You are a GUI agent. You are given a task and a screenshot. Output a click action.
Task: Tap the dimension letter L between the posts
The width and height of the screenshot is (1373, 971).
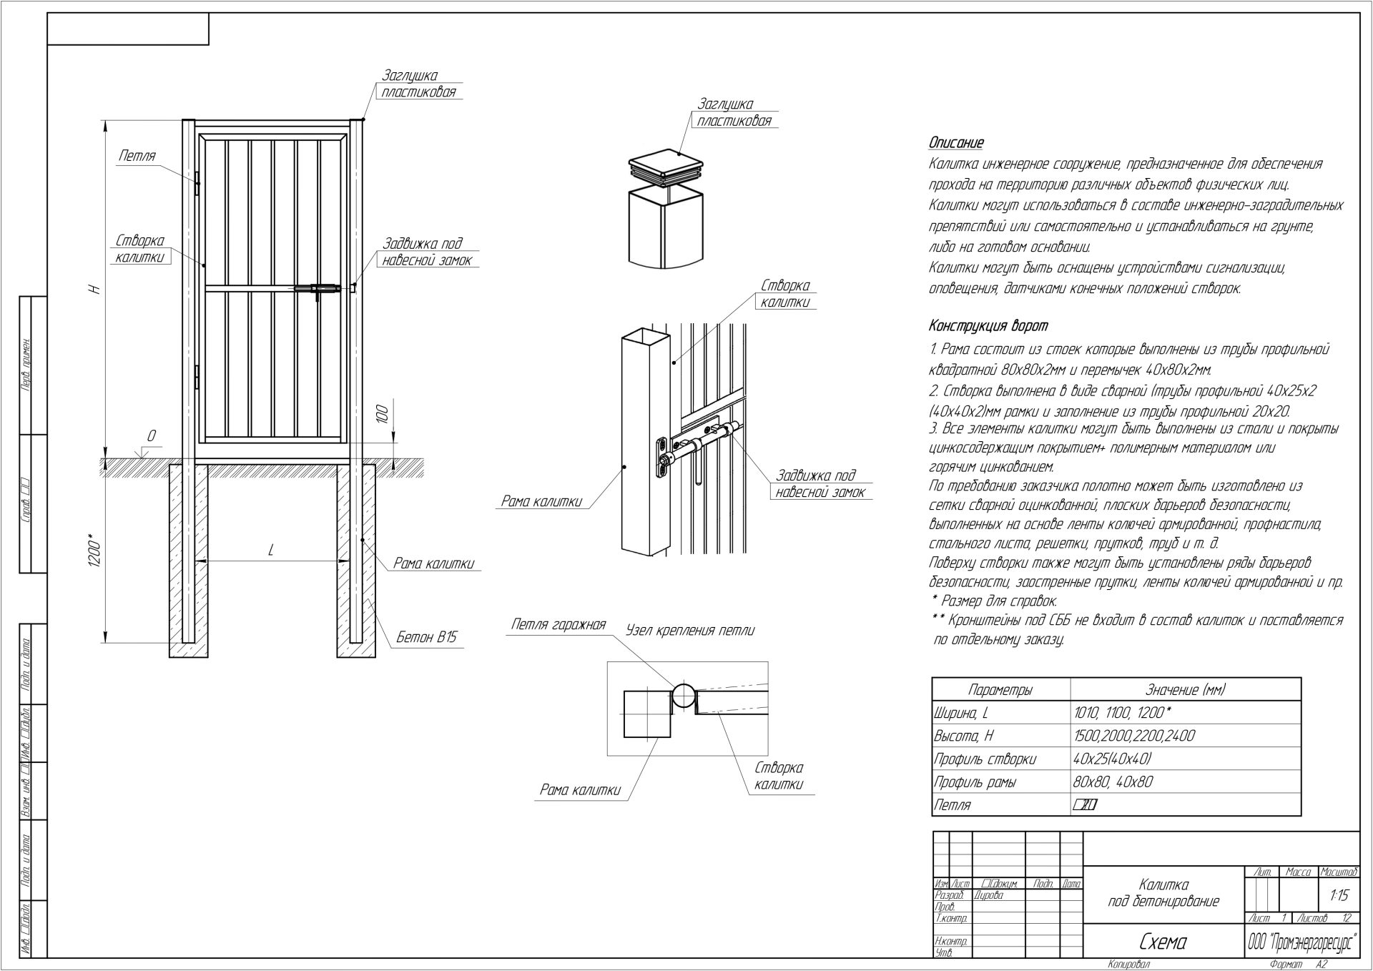271,550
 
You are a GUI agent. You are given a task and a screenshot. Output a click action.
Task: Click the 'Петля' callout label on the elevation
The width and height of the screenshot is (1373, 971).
137,157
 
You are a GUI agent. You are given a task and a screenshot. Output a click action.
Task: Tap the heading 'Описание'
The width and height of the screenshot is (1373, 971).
956,143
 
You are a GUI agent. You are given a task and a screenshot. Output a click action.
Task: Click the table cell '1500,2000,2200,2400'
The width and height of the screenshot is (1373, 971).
1134,736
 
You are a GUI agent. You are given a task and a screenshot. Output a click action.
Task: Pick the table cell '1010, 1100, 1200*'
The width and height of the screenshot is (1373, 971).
1122,712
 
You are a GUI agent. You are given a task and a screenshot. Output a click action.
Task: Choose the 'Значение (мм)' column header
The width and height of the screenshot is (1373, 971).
1185,690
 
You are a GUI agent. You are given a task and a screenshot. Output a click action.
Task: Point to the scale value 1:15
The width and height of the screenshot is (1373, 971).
1339,895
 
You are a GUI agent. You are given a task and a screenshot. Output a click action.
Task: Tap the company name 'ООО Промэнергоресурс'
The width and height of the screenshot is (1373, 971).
1301,943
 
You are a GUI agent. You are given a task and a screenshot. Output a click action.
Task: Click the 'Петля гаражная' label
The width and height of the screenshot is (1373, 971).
558,625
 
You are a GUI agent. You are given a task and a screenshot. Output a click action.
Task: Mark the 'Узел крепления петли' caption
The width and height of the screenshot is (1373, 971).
689,631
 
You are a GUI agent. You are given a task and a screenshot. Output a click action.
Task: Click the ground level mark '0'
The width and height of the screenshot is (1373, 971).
151,436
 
